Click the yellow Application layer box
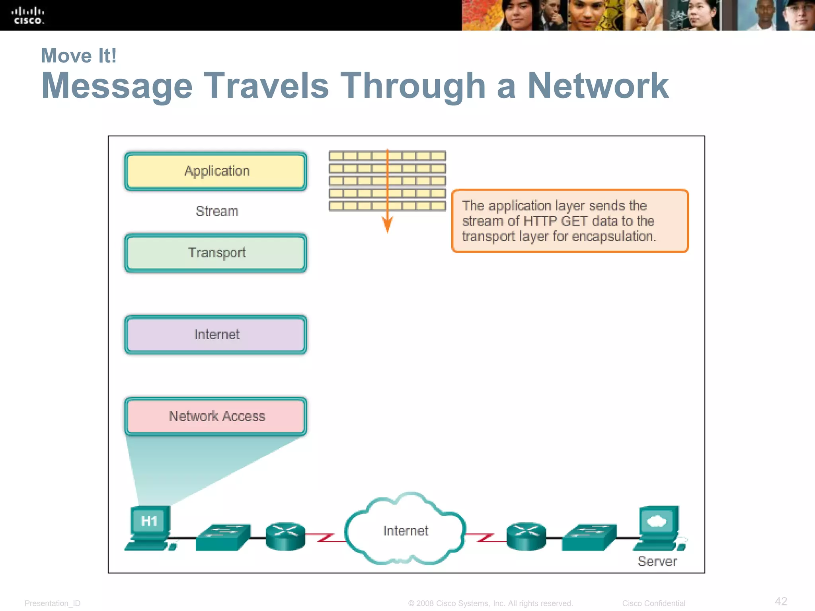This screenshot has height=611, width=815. click(x=216, y=171)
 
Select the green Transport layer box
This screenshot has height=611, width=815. click(x=216, y=253)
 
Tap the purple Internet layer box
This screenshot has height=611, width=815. click(x=216, y=335)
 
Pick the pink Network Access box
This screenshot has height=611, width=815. click(x=216, y=416)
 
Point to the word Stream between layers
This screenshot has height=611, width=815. click(x=217, y=211)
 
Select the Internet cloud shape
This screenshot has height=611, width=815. click(x=405, y=530)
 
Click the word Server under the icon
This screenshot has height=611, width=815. click(x=657, y=561)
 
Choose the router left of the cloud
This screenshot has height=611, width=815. click(x=285, y=536)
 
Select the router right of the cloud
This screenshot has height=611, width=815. click(x=526, y=536)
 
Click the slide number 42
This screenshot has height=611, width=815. click(x=781, y=601)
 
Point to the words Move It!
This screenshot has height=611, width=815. click(x=79, y=56)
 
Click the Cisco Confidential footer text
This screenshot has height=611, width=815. click(x=653, y=603)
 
